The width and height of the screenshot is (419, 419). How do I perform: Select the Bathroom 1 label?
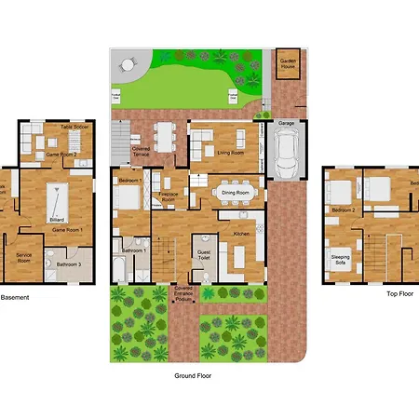tap(131, 250)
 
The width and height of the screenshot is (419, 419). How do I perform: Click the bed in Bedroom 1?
tap(128, 196)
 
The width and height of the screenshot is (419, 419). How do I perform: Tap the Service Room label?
tap(24, 258)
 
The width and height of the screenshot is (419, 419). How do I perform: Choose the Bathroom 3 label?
tap(68, 265)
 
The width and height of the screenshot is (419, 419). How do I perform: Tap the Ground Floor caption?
tap(194, 376)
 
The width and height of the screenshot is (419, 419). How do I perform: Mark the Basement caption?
tap(15, 297)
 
